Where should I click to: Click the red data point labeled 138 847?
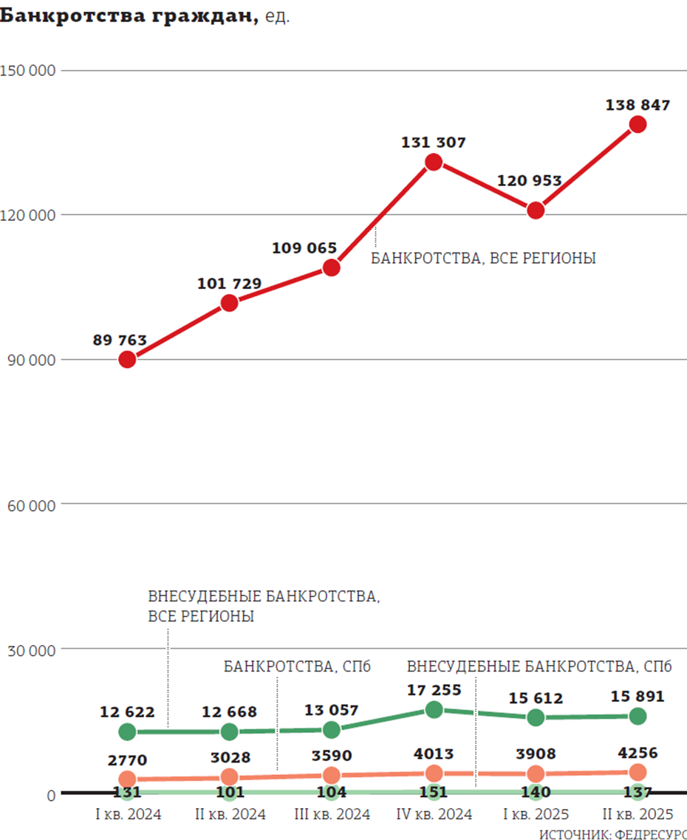point(638,124)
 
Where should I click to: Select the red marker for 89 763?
point(127,360)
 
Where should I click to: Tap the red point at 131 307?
point(434,163)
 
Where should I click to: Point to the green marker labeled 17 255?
point(434,710)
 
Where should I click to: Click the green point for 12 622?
point(127,732)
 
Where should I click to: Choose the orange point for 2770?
point(127,779)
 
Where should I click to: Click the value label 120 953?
point(530,181)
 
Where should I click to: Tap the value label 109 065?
point(304,248)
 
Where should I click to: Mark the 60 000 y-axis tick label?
point(31,505)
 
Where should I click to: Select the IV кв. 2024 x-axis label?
point(434,814)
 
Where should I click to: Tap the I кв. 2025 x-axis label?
point(536,814)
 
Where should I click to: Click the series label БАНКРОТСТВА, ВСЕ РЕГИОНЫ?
point(483,259)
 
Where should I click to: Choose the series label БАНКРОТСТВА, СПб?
point(297,667)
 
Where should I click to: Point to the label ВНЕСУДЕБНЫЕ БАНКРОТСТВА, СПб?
point(539,667)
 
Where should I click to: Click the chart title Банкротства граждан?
point(129,16)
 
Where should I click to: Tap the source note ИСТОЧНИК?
point(612,834)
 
